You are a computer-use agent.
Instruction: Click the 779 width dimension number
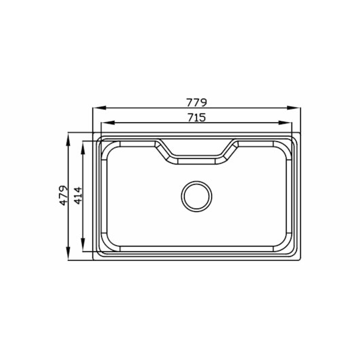pos(196,103)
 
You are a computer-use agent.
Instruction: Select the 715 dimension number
pos(197,118)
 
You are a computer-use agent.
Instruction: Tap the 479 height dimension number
pos(64,195)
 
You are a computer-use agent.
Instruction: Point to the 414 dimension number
pos(78,196)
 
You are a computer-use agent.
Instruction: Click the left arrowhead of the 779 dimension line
pos(99,108)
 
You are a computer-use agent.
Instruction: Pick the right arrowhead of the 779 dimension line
pos(293,108)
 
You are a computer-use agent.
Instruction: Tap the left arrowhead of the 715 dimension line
pos(108,123)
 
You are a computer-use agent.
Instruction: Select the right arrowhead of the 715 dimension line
pos(285,123)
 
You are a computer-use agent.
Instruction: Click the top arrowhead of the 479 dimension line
pos(68,139)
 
